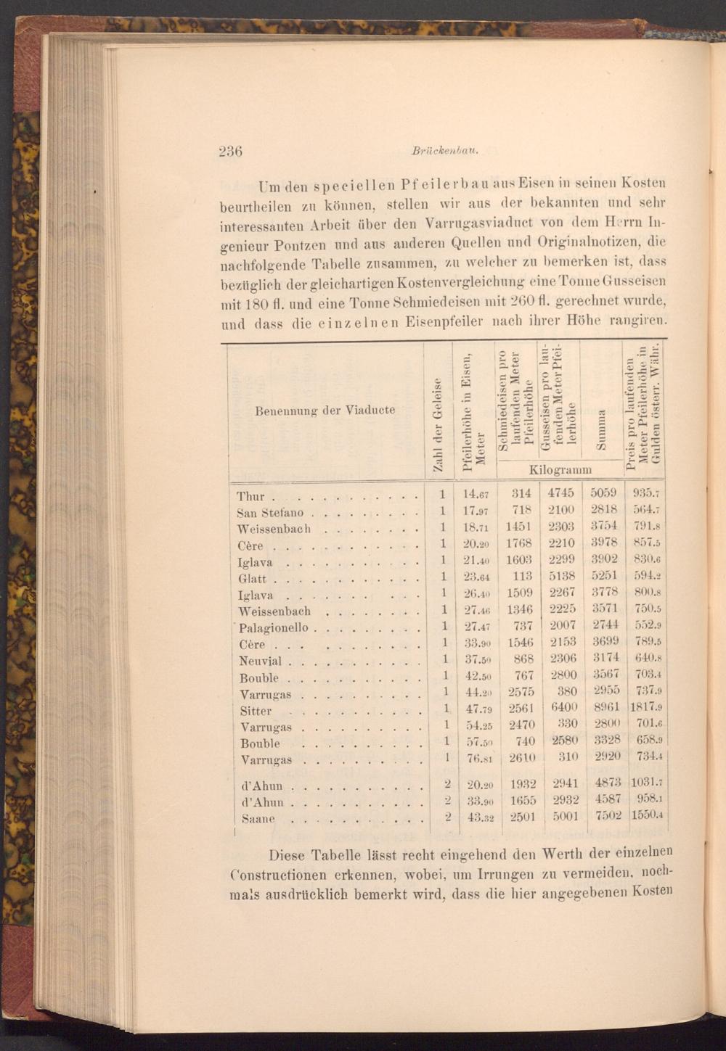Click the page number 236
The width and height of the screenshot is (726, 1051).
pos(230,152)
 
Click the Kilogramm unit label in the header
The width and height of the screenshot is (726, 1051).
pos(560,469)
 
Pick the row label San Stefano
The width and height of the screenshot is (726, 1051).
pos(270,513)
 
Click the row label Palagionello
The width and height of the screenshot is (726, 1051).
pos(273,627)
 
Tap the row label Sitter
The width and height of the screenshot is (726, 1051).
pos(256,711)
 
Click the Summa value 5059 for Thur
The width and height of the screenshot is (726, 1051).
pos(603,493)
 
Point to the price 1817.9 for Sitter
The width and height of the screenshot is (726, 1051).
pos(648,708)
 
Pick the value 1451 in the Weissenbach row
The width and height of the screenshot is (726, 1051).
pos(521,527)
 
